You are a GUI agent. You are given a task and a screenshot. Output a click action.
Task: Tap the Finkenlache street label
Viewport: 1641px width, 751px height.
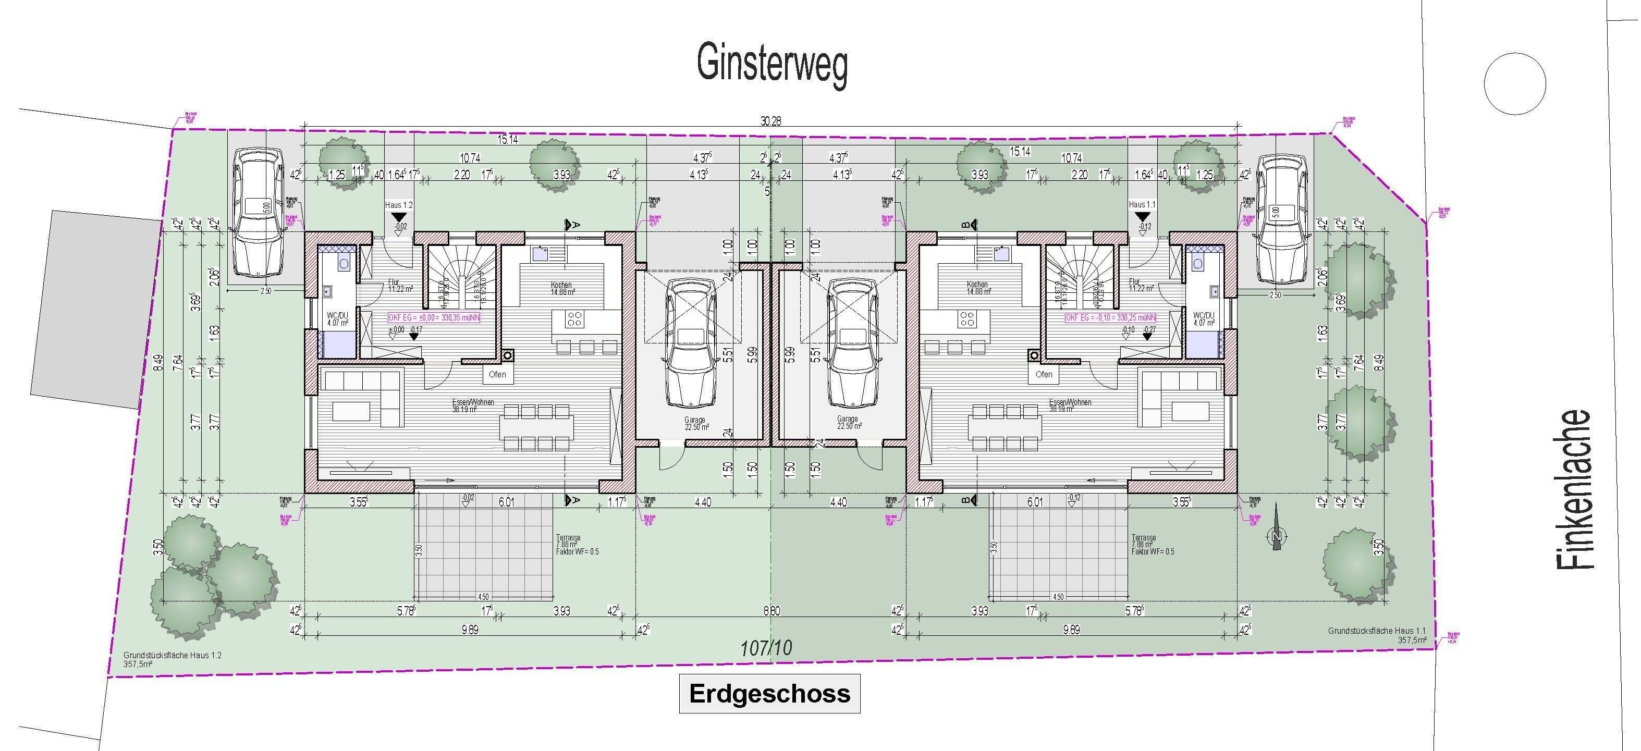pyautogui.click(x=1574, y=489)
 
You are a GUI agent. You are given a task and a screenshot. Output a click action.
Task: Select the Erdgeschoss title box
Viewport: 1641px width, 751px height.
pyautogui.click(x=769, y=694)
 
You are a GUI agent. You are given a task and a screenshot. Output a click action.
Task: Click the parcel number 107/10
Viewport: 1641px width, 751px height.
pyautogui.click(x=766, y=648)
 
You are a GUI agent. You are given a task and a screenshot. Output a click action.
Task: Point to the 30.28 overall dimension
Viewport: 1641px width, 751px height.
pyautogui.click(x=770, y=121)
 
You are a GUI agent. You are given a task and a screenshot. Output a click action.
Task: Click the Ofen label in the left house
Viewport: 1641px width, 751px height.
pyautogui.click(x=497, y=374)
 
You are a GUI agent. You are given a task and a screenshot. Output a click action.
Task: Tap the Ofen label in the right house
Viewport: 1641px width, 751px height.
pyautogui.click(x=1044, y=374)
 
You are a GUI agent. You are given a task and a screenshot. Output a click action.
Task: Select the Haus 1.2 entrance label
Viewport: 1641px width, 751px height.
pyautogui.click(x=399, y=205)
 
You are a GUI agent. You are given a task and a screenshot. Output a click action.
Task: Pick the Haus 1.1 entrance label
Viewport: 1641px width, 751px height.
pyautogui.click(x=1142, y=205)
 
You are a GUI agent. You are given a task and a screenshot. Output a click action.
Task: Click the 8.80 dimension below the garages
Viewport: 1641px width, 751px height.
pyautogui.click(x=771, y=611)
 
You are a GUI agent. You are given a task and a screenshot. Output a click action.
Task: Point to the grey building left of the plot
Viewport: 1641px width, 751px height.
pyautogui.click(x=95, y=309)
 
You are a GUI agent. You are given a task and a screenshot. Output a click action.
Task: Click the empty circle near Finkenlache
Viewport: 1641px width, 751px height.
pyautogui.click(x=1514, y=83)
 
